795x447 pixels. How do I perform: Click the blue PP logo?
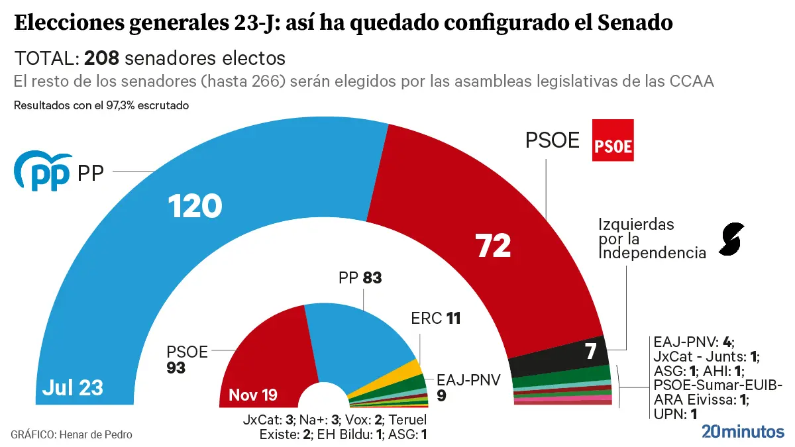[42, 171]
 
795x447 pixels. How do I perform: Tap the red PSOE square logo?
[612, 140]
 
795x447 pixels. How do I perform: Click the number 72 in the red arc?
[494, 246]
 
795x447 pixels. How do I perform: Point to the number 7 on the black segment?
[590, 352]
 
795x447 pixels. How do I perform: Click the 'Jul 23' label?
[72, 387]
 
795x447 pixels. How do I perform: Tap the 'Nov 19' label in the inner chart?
[253, 396]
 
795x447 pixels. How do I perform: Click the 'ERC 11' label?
[435, 319]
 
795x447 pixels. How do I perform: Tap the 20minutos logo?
[743, 432]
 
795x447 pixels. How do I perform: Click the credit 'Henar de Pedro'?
[95, 434]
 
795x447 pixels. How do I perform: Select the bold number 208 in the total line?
[101, 58]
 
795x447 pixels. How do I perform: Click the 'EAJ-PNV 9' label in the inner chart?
[467, 387]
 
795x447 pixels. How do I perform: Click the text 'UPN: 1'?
[675, 415]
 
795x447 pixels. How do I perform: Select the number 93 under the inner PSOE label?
[176, 367]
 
